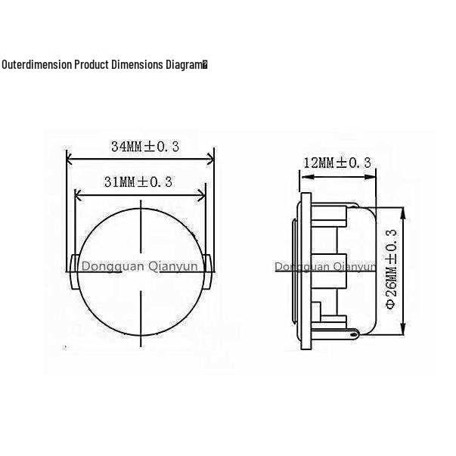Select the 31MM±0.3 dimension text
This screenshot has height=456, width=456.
pos(138,181)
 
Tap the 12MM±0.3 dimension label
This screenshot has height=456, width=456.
pos(337,163)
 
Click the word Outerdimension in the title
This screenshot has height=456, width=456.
pos(36,64)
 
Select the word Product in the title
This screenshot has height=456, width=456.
pos(92,64)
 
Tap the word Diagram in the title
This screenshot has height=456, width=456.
pos(185,64)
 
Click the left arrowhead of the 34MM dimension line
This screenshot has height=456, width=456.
pos(70,159)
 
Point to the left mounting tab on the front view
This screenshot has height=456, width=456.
pos(73,271)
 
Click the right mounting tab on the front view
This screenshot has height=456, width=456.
pos(208,271)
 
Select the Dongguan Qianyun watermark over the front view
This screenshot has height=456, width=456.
pos(139,266)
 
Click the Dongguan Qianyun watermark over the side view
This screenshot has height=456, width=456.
pos(325,266)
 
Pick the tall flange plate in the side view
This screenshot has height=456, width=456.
pos(306,272)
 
